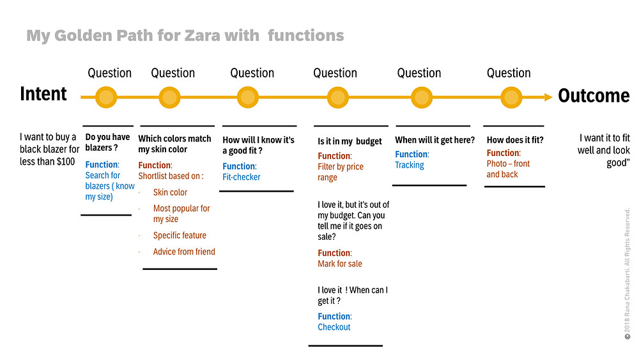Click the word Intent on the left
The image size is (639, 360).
point(43,94)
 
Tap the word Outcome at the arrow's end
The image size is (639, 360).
point(594,96)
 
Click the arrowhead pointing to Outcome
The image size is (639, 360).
point(548,97)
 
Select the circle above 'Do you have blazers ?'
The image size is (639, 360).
point(106,97)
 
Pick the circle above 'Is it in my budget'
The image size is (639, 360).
point(337,97)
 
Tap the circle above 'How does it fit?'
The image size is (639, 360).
point(511,97)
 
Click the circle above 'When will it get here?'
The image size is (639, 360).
point(421,97)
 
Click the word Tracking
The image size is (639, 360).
point(409,165)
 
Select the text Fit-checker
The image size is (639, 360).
point(242,177)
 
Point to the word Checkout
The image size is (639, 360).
point(334,327)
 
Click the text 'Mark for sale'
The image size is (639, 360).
point(340,264)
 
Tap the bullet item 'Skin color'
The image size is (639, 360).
point(170,192)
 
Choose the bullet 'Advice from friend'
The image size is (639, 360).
point(184,251)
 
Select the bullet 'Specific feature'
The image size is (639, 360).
point(180,235)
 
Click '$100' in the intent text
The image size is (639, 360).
point(66,161)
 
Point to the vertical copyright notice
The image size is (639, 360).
point(627,274)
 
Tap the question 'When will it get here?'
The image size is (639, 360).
point(435,140)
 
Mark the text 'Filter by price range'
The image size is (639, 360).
point(341,172)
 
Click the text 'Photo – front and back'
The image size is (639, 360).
point(508,169)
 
